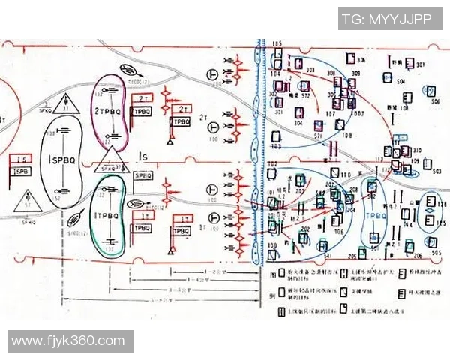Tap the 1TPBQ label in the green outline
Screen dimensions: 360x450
tap(107, 215)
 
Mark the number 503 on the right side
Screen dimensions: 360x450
tap(436, 171)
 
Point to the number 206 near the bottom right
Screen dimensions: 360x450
tap(339, 232)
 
